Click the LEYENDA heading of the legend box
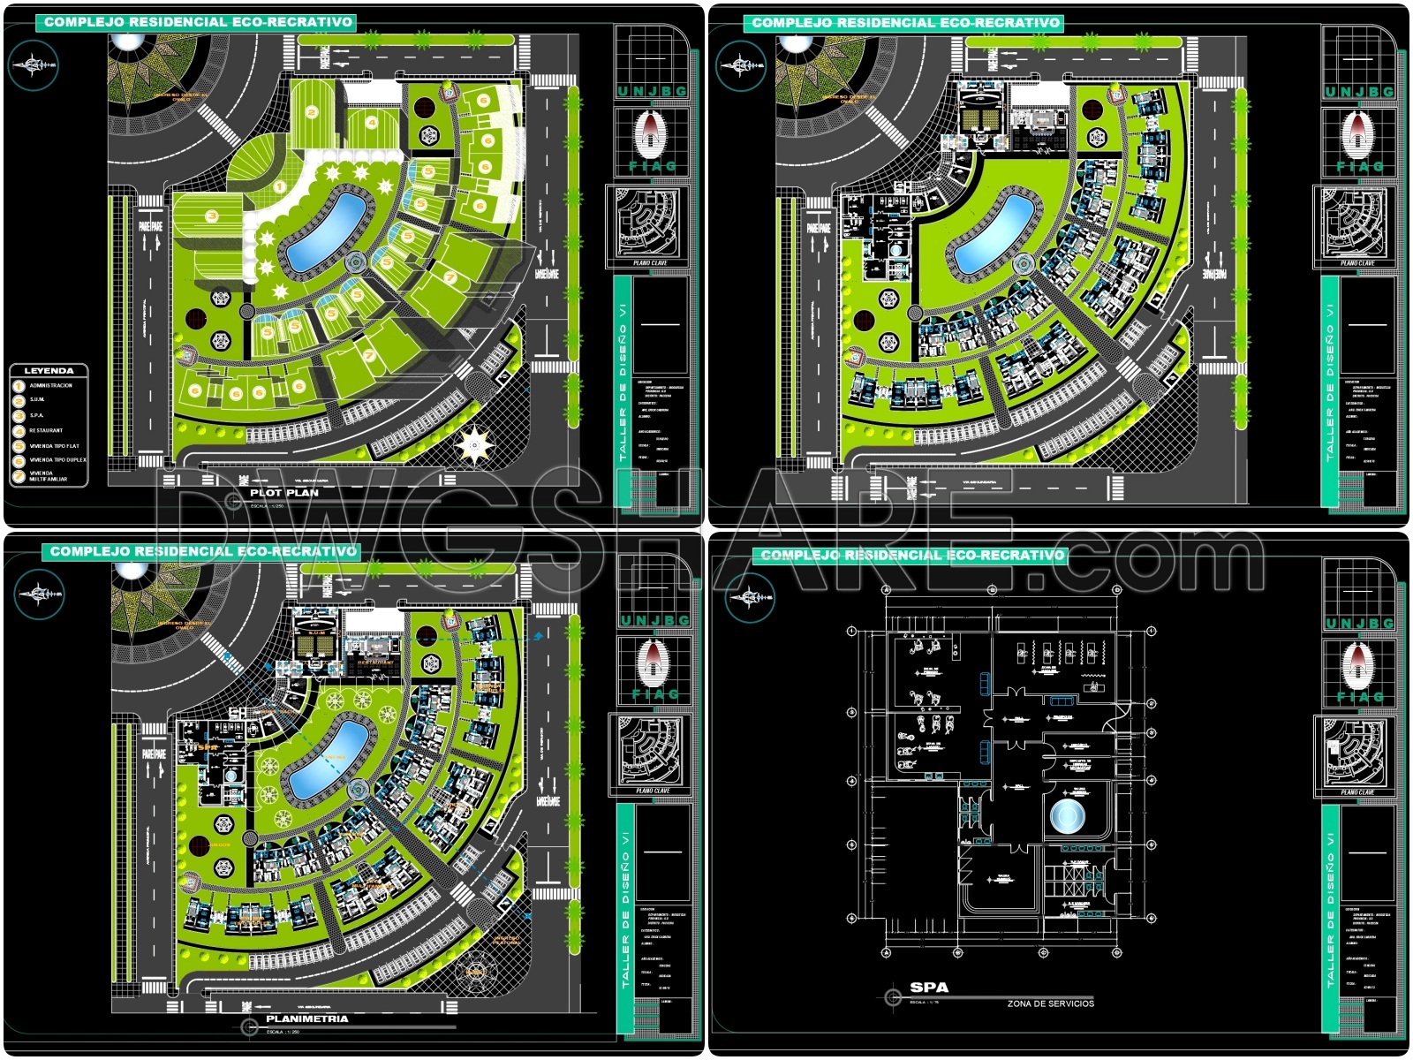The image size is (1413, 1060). point(49,371)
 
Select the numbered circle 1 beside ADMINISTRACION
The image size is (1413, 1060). point(19,386)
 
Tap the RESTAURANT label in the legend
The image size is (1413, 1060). point(46,431)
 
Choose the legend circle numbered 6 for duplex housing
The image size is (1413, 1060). point(19,460)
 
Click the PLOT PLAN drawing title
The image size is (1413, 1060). point(284,493)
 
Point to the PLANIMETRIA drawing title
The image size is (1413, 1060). point(307,1018)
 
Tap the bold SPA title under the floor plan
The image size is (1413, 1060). point(929,988)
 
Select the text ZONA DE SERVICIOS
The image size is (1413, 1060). point(1051,1003)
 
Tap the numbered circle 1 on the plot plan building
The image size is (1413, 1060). point(279,186)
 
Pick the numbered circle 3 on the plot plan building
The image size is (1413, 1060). point(211,216)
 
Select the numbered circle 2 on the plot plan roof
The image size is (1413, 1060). point(312,112)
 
